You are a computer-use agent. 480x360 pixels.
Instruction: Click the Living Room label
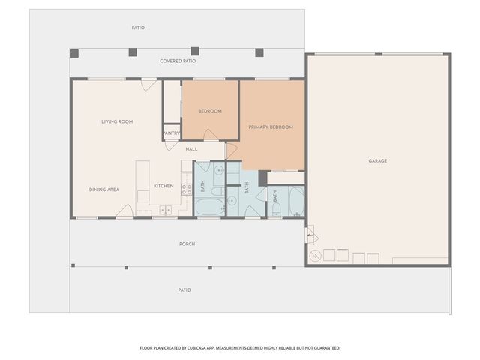point(117,121)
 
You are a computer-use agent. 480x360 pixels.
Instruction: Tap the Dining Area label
point(104,190)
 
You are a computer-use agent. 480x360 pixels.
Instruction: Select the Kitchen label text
point(163,186)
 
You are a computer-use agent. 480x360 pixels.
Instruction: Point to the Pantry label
point(172,133)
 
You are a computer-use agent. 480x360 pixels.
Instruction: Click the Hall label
point(191,149)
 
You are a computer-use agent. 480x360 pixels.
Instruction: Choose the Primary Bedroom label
point(271,127)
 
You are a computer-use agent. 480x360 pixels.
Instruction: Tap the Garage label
point(377,161)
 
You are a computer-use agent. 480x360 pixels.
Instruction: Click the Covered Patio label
point(178,61)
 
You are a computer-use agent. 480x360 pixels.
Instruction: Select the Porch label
point(187,244)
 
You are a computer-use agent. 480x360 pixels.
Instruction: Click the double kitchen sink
point(165,210)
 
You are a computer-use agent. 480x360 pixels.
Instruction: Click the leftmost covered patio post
point(74,52)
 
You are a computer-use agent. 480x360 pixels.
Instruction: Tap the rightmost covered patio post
point(259,52)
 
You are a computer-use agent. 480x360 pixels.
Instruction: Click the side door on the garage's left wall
point(308,238)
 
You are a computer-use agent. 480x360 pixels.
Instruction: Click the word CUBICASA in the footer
point(213,348)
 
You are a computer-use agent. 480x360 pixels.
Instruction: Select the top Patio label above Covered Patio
point(138,28)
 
